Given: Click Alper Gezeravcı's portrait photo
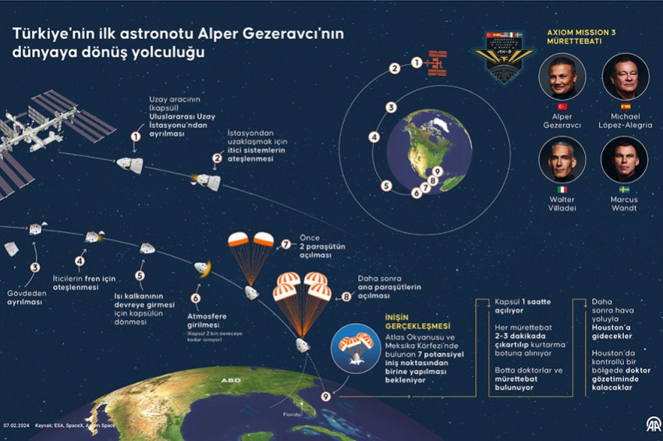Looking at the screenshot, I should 562,76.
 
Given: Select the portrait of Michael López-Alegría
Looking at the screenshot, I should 625,76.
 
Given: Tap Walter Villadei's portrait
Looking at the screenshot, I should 562,160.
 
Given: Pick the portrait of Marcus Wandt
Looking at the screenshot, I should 625,160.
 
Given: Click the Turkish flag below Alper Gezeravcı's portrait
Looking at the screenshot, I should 562,106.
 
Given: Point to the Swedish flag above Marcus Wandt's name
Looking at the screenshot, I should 625,190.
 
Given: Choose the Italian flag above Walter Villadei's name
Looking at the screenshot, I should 562,190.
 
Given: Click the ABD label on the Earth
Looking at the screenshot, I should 230,381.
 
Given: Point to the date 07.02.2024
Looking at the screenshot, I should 16,425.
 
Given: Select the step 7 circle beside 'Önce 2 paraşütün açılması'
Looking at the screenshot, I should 286,244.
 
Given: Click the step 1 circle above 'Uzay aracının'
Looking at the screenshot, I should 136,136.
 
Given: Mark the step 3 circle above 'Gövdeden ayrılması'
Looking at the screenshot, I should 34,267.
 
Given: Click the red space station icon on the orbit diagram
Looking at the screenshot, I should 439,63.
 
